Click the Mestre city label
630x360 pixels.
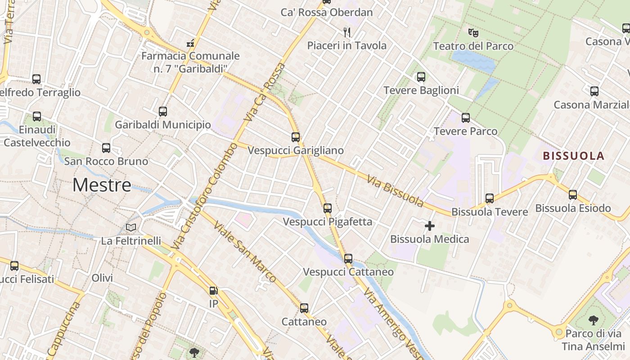[x=102, y=185]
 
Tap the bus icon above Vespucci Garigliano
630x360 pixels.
[x=296, y=137]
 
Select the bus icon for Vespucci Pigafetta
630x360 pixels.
[x=328, y=208]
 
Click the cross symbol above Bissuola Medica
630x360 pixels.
[x=430, y=226]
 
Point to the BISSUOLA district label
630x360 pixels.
[x=574, y=156]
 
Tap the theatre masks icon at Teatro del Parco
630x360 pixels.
[x=472, y=33]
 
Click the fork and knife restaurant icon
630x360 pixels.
[x=346, y=32]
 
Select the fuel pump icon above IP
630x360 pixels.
[x=213, y=291]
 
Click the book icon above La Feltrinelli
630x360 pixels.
[x=131, y=228]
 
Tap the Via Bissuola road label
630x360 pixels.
[x=395, y=191]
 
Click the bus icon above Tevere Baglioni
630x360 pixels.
[x=421, y=77]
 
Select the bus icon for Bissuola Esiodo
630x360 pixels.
[x=573, y=195]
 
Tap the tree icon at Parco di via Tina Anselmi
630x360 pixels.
[x=594, y=320]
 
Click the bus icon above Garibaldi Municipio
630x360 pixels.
[x=163, y=111]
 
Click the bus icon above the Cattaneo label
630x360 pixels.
[x=304, y=308]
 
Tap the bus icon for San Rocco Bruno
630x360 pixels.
[x=106, y=148]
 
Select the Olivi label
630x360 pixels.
[x=102, y=278]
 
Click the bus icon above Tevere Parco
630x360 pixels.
[x=466, y=118]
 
